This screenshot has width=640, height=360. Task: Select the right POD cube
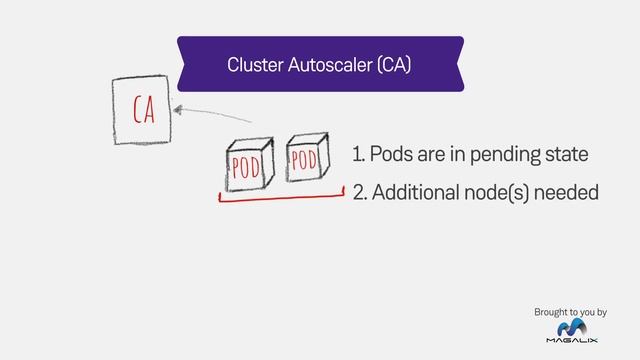[306, 160]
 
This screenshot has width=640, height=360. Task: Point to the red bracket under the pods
[281, 198]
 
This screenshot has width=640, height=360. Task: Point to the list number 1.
[356, 156]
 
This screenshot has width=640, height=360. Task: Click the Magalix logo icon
[576, 332]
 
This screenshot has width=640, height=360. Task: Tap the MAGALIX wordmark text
[576, 348]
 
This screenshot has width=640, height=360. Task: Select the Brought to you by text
[571, 313]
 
